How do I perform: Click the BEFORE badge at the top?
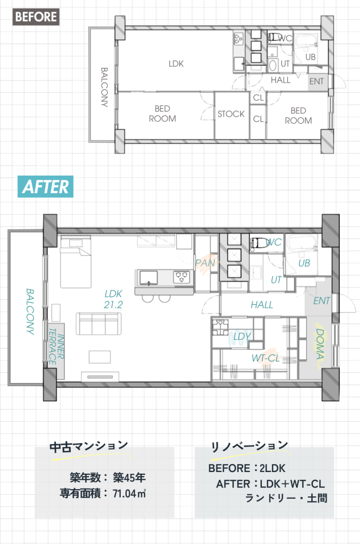pos(36,16)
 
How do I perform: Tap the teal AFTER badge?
pos(45,186)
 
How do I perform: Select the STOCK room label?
pos(231,114)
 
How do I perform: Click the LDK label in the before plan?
pos(176,64)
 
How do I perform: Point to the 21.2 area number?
pos(113,305)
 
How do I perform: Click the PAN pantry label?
pos(205,263)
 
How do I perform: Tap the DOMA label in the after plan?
pos(320,344)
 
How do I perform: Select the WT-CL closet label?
pos(265,358)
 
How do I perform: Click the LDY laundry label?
pos(242,336)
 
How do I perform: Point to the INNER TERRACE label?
pos(56,347)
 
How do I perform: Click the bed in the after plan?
pos(75,262)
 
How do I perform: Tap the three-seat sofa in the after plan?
pos(99,324)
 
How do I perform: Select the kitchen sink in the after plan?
pos(149,278)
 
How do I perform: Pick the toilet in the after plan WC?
pos(258,243)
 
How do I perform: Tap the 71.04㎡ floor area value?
pos(129,494)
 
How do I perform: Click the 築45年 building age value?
pos(129,478)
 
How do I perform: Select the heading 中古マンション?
pos(89,447)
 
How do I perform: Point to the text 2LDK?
pos(272,468)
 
